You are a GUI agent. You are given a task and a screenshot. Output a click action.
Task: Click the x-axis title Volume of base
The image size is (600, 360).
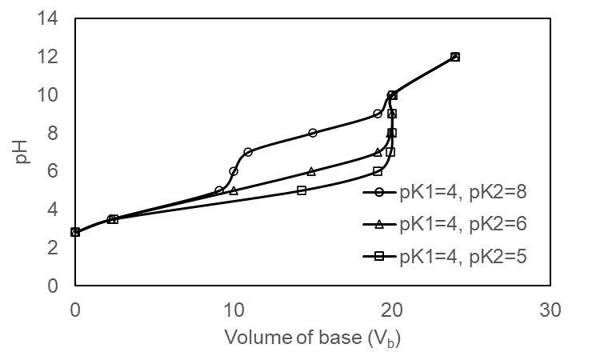(x=312, y=338)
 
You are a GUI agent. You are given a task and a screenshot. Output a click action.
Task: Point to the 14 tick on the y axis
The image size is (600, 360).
(x=52, y=18)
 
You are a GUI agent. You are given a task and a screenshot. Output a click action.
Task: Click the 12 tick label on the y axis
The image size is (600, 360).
(x=52, y=57)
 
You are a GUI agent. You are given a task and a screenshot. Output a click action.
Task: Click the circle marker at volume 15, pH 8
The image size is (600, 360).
(x=313, y=133)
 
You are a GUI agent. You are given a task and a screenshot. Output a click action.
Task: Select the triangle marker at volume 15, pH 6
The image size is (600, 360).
(x=311, y=171)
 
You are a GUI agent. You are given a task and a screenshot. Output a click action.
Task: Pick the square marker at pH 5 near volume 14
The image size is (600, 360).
(x=302, y=190)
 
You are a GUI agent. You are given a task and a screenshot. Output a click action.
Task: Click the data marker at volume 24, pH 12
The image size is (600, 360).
(x=455, y=57)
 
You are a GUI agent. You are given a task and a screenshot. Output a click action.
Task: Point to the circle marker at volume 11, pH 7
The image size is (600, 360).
(x=248, y=152)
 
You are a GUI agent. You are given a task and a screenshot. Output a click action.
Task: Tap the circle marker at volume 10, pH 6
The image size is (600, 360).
(x=234, y=171)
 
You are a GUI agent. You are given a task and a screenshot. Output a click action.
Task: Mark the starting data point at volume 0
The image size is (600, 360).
(x=75, y=232)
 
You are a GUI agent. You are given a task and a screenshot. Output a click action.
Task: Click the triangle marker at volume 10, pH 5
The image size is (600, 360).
(x=234, y=190)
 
